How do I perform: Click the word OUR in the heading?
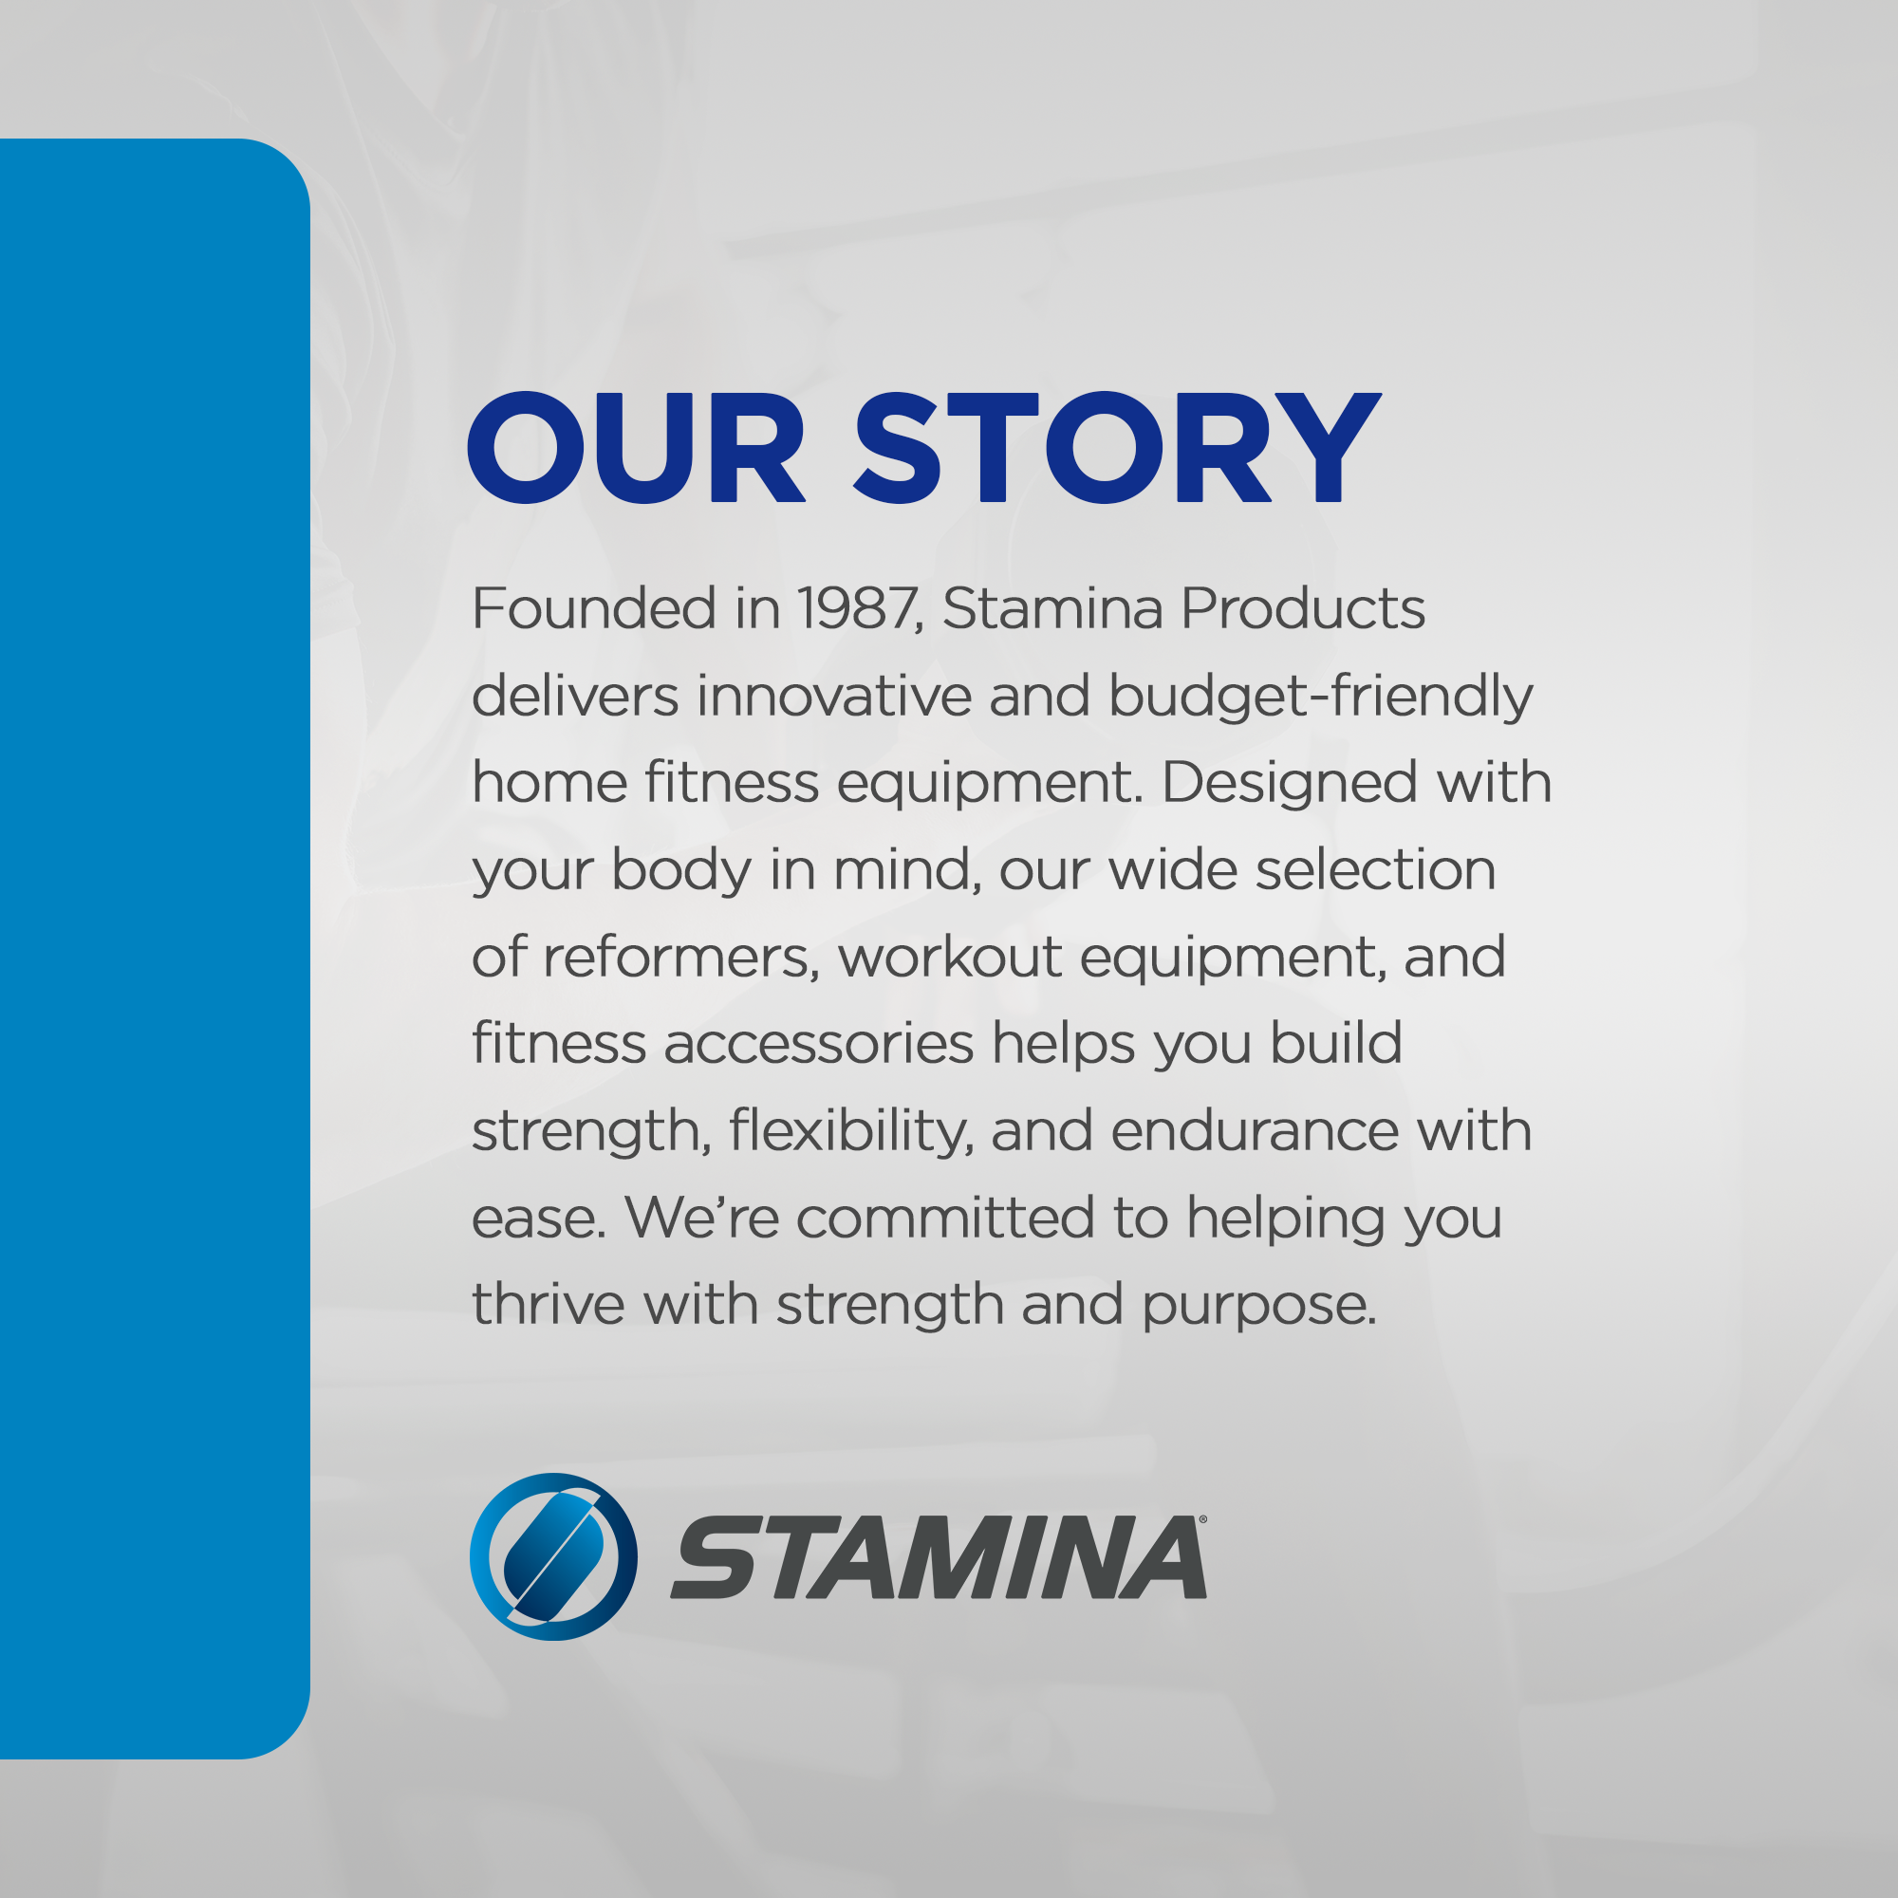click(636, 448)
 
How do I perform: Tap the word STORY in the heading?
click(1117, 448)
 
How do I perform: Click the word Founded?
click(594, 608)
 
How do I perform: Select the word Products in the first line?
click(1303, 608)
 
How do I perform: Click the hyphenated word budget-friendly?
click(1320, 698)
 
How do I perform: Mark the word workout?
click(950, 957)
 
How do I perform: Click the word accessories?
click(818, 1044)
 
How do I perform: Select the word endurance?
click(1255, 1132)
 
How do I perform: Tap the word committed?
click(945, 1219)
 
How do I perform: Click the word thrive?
click(549, 1305)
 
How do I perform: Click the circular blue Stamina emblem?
click(554, 1556)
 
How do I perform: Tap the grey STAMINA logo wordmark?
click(939, 1557)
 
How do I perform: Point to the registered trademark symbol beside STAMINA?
click(1202, 1518)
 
